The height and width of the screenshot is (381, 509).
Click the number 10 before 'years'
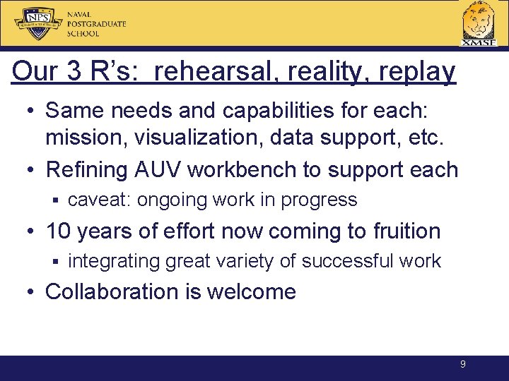pos(62,231)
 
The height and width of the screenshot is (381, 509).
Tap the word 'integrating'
pos(114,261)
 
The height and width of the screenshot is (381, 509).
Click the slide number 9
pos(462,365)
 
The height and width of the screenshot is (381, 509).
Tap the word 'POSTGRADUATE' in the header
pos(97,23)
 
